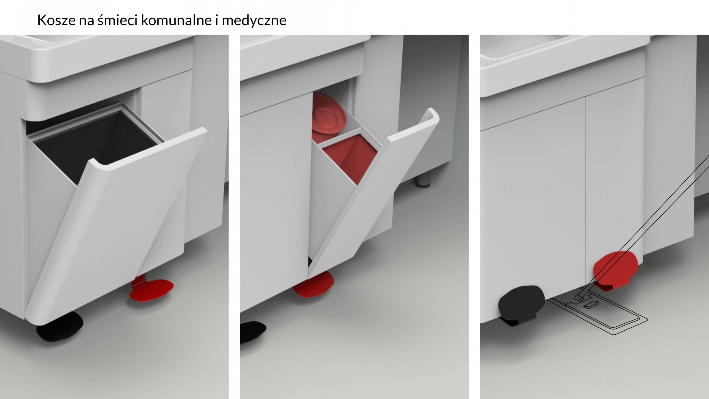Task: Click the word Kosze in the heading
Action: [56, 20]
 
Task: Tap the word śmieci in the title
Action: [117, 20]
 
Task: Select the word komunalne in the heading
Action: [176, 20]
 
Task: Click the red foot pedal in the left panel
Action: [152, 290]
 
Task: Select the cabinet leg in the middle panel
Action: [423, 180]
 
